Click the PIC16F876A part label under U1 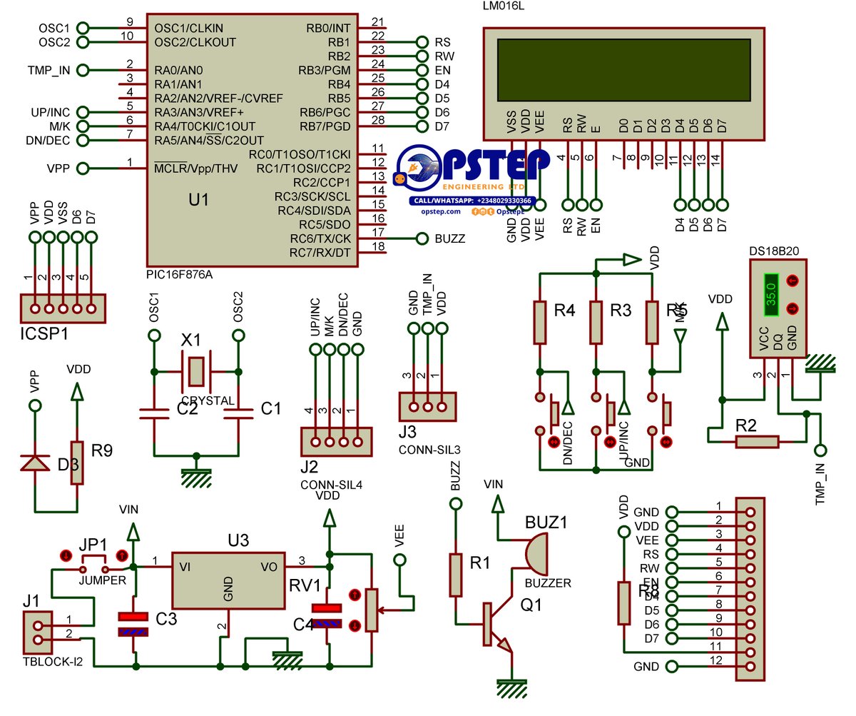(179, 274)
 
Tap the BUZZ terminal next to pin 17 (422, 238)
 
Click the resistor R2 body (757, 443)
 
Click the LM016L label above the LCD (504, 6)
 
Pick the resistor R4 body (540, 323)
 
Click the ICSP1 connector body (63, 308)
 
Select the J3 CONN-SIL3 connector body (427, 407)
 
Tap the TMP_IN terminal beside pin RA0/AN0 (83, 70)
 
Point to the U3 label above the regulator (238, 540)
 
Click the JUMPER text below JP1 (102, 580)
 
